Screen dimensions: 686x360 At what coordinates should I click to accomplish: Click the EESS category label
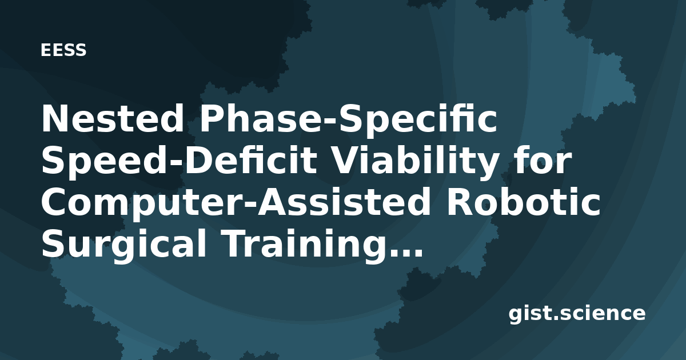[63, 50]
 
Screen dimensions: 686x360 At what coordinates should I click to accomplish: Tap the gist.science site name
[577, 314]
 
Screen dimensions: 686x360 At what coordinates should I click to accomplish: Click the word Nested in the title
[113, 118]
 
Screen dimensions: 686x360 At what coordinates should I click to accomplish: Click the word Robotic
[524, 202]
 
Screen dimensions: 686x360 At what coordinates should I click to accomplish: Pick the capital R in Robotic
[460, 202]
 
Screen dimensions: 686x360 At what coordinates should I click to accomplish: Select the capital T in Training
[238, 244]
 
